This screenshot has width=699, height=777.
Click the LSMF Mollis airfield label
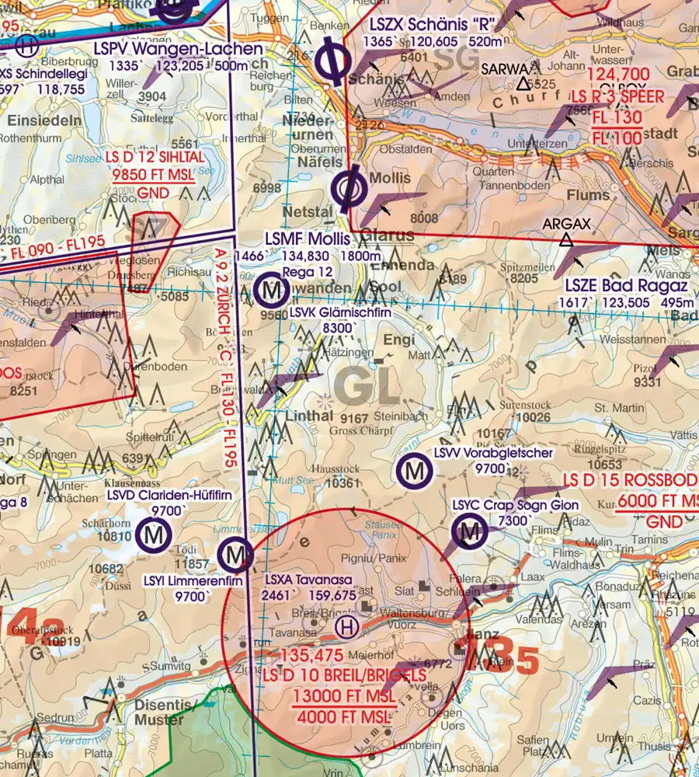point(307,238)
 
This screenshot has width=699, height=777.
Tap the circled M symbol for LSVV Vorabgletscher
point(414,470)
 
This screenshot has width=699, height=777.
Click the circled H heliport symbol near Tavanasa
point(349,626)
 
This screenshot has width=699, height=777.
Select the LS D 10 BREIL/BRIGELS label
point(344,677)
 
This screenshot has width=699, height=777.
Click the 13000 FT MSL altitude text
point(344,696)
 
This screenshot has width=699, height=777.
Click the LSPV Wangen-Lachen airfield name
point(178,49)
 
